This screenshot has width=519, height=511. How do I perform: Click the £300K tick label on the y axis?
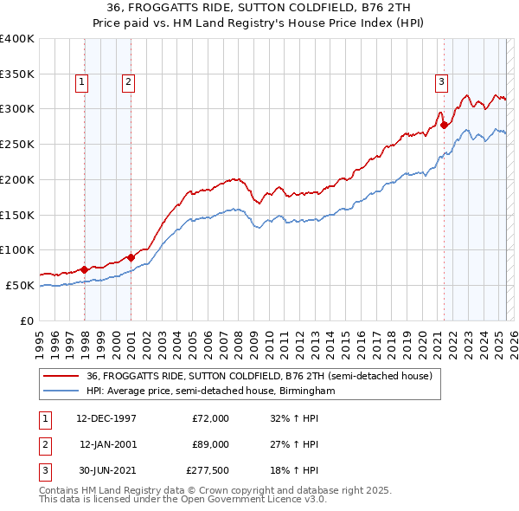tap(17, 109)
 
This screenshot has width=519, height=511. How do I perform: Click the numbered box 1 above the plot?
tap(81, 82)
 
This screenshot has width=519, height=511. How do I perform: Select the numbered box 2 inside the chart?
tap(127, 82)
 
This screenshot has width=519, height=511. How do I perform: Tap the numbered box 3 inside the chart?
tap(440, 82)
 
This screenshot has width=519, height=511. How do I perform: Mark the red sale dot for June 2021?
tap(445, 125)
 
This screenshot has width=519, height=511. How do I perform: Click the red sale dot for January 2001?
tap(131, 257)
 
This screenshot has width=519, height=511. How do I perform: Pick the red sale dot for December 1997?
tap(85, 269)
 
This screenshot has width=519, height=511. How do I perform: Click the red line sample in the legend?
tap(61, 375)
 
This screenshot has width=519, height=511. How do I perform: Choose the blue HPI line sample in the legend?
tap(61, 391)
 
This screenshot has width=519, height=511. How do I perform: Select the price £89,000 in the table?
tap(209, 444)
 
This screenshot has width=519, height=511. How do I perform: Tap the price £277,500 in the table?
tap(208, 470)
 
